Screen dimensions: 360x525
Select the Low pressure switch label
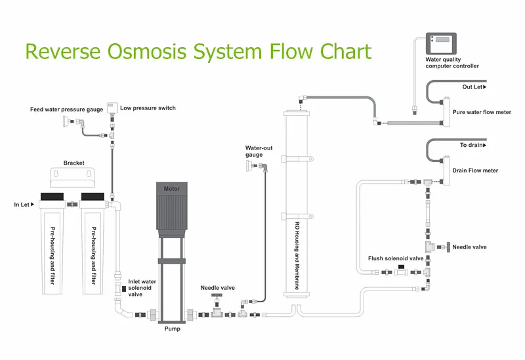pyautogui.click(x=148, y=108)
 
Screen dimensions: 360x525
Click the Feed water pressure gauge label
pyautogui.click(x=66, y=110)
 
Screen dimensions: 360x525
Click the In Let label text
pyautogui.click(x=24, y=205)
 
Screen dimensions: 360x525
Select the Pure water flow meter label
pyautogui.click(x=482, y=113)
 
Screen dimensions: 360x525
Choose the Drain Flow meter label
pyautogui.click(x=475, y=171)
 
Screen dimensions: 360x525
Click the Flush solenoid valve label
pyautogui.click(x=396, y=259)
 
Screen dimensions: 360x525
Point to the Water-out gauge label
pyautogui.click(x=254, y=151)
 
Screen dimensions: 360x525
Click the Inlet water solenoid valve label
pyautogui.click(x=142, y=288)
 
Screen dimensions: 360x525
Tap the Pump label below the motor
pyautogui.click(x=172, y=329)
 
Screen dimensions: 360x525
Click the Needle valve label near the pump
pyautogui.click(x=217, y=288)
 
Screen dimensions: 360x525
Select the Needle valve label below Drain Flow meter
pyautogui.click(x=469, y=247)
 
